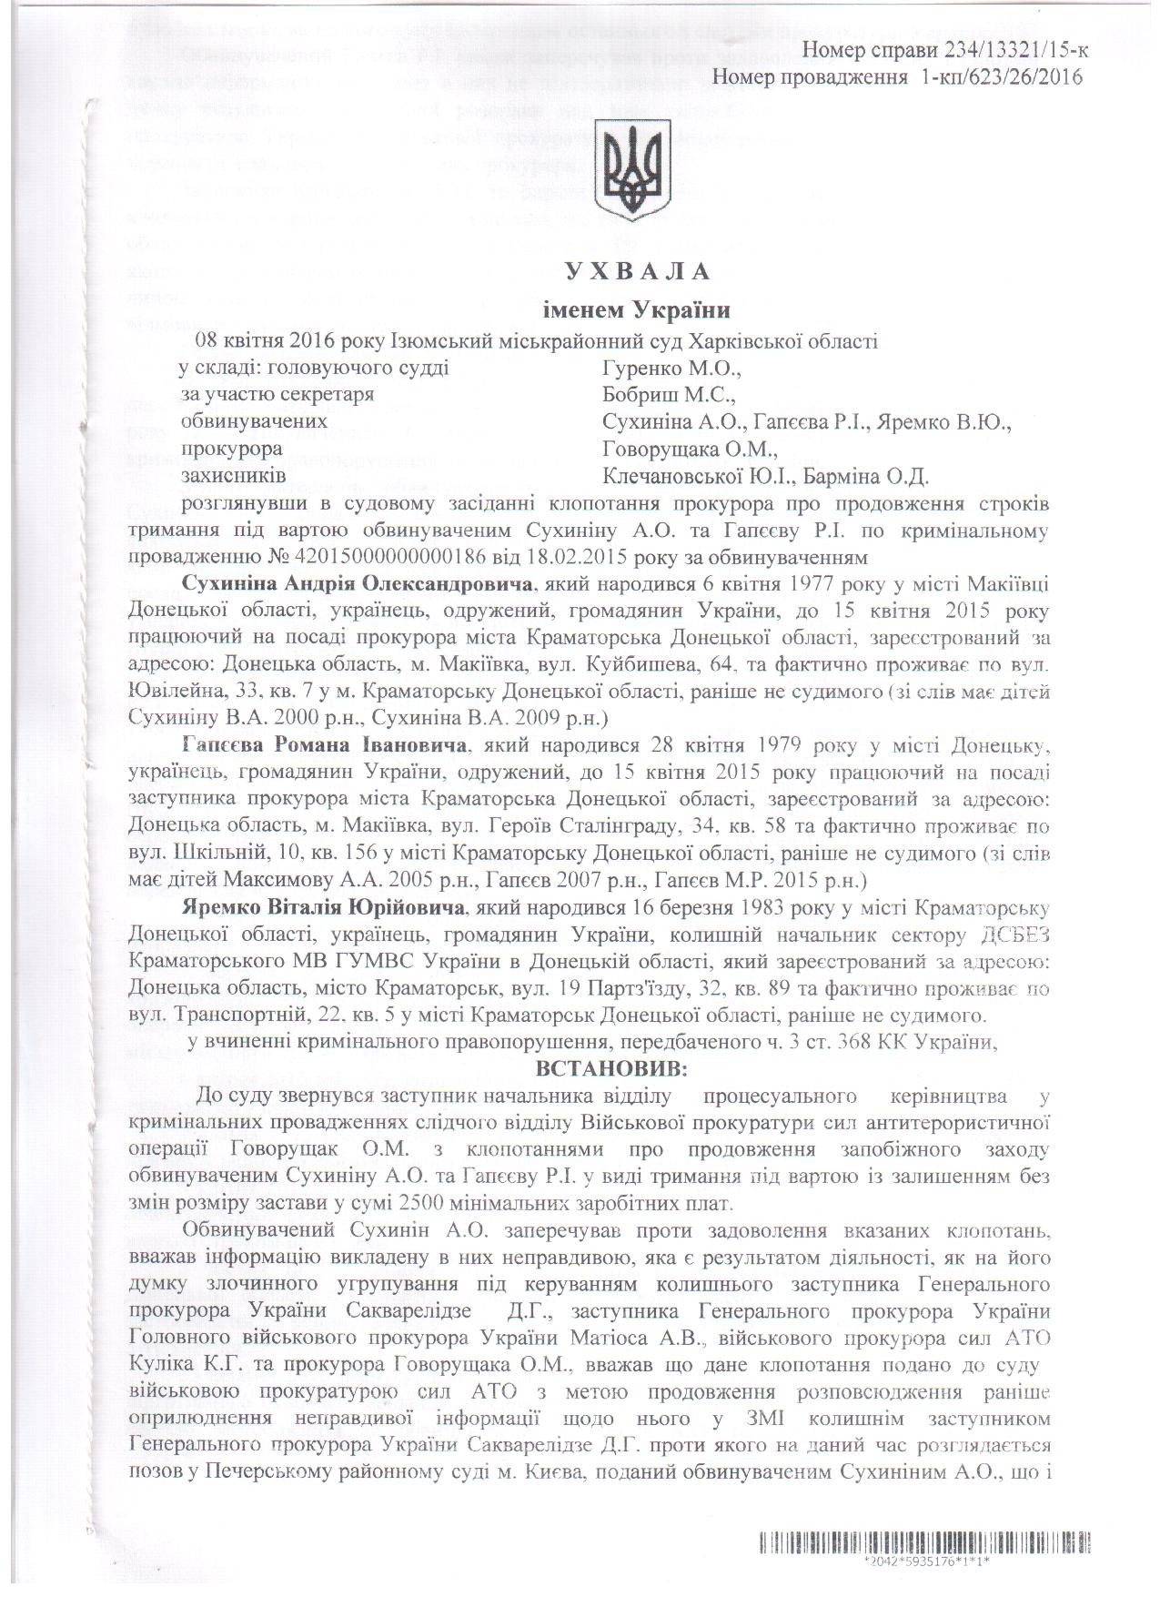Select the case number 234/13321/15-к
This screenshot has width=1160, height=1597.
tap(1002, 49)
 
